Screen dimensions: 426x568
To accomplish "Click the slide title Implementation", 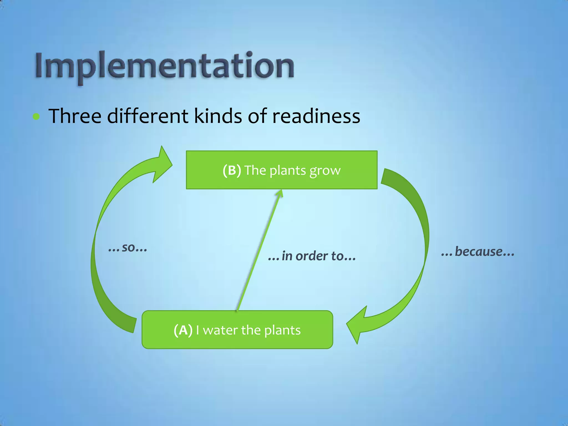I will point(164,65).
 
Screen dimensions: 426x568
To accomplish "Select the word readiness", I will point(316,116).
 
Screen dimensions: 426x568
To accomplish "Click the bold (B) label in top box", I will point(232,170).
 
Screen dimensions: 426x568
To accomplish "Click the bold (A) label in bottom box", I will point(183,330).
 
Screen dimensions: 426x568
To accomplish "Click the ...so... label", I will point(128,247).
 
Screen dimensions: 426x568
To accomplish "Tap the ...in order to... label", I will point(312,256).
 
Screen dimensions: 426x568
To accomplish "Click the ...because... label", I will point(478,252).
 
